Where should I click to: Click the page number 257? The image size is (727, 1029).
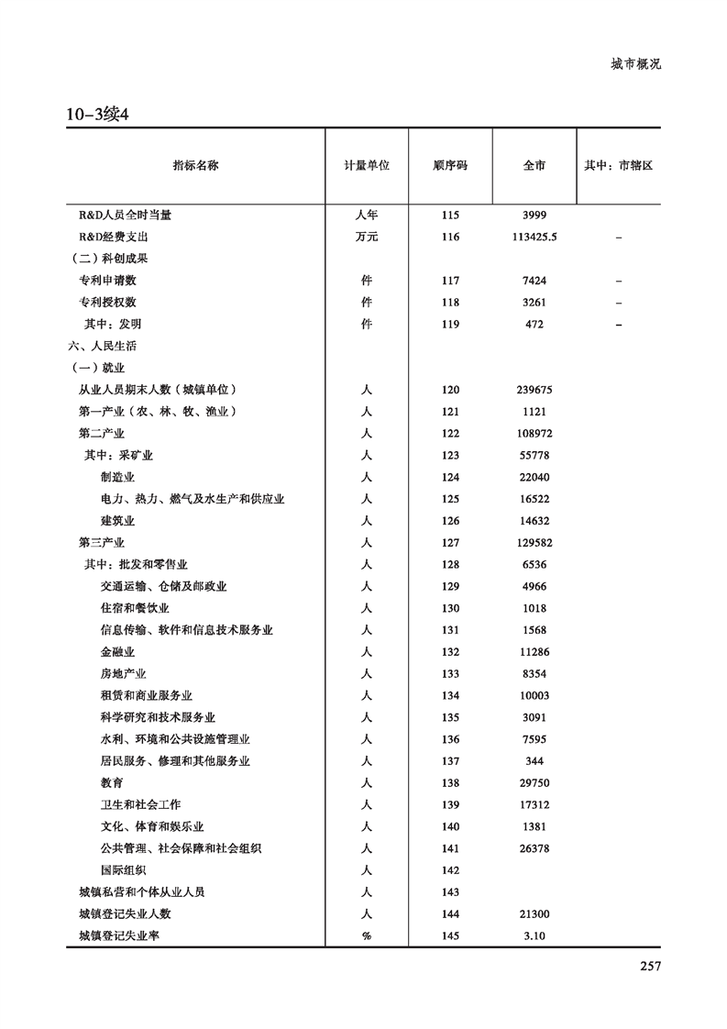648,965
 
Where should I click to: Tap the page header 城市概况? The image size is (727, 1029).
635,64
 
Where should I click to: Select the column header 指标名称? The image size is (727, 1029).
195,166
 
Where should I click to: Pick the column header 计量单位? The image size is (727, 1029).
367,166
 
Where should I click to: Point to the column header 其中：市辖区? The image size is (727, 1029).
619,166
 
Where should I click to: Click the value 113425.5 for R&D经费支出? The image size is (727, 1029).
535,237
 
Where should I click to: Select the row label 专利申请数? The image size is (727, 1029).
107,281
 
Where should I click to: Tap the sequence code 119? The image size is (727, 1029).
449,324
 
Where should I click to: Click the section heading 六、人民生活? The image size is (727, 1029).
102,346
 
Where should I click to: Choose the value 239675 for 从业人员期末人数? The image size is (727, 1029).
534,390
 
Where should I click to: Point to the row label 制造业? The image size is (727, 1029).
117,477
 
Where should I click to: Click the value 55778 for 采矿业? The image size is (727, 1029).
534,456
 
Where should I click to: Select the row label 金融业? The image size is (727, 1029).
117,652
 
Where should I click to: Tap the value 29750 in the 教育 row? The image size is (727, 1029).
534,783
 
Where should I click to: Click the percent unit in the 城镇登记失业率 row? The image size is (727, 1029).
367,936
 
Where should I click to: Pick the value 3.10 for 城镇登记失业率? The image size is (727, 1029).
534,936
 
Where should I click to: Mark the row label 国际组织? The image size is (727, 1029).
123,870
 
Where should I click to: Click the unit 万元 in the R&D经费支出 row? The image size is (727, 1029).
367,237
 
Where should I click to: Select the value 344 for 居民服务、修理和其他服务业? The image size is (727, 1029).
534,761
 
